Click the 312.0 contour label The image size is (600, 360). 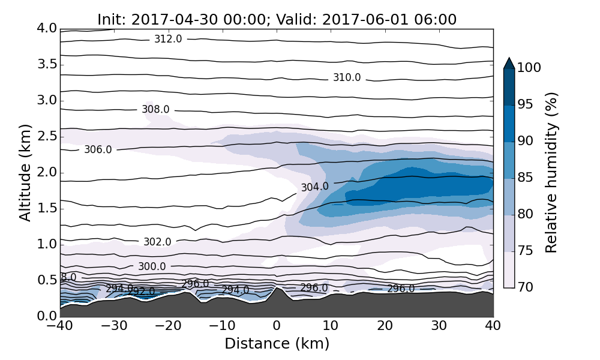tap(168, 39)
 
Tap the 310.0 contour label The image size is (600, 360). tap(347, 77)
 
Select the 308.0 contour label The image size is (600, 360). tap(155, 110)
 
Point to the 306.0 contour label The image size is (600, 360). tap(98, 149)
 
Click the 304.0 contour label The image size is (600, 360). tap(315, 187)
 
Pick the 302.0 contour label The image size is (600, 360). tap(157, 242)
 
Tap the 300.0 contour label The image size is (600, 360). tap(152, 266)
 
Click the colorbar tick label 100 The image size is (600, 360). tap(529, 68)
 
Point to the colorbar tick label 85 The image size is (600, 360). tap(525, 178)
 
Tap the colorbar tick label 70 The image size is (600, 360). tap(525, 287)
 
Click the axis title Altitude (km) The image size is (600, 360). tap(25, 173)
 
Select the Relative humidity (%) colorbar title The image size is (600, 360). tap(552, 173)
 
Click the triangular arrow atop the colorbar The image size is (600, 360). tap(509, 63)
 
